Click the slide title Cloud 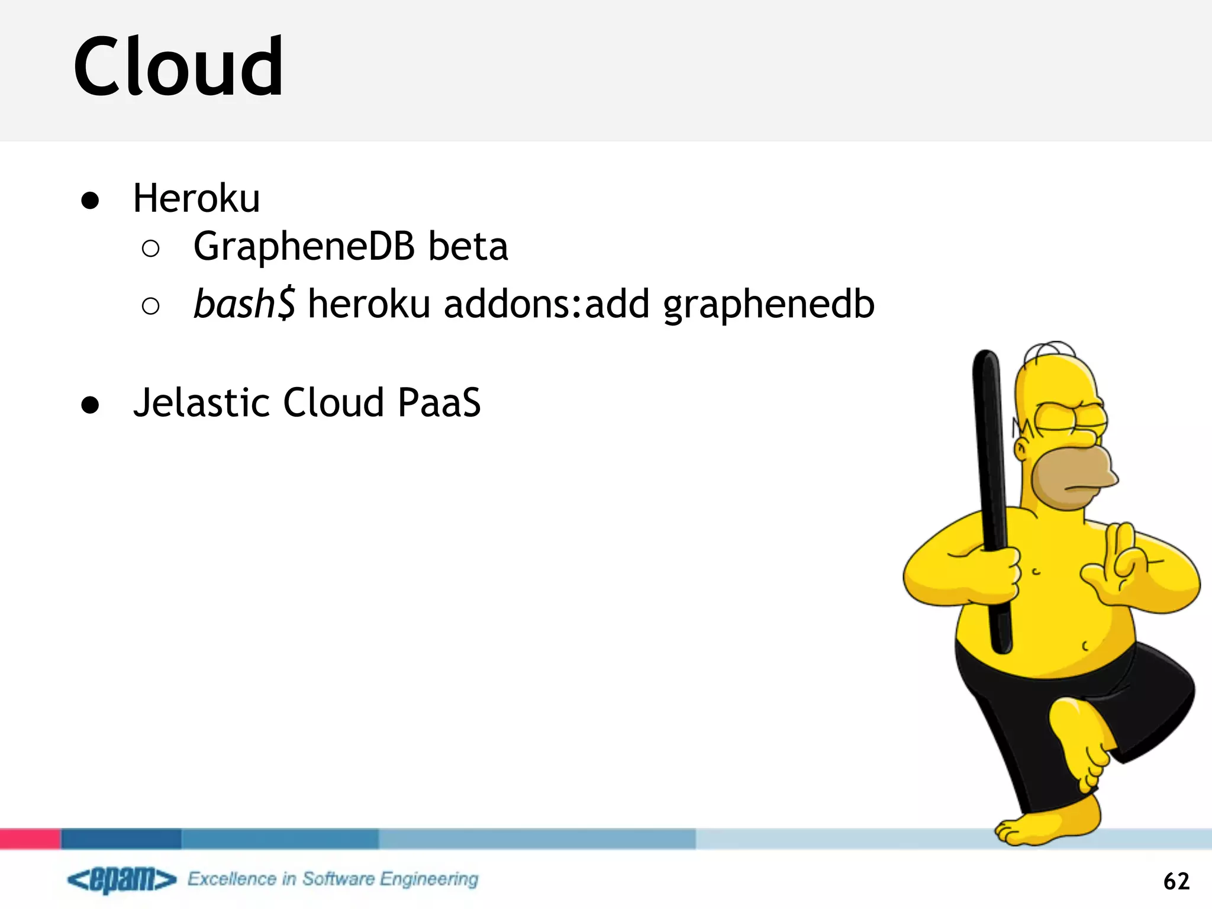(x=179, y=66)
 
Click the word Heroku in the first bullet (x=196, y=198)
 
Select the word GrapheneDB (x=304, y=247)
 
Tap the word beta (x=468, y=246)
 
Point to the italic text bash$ (x=244, y=304)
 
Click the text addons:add (x=546, y=304)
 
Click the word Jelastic (x=201, y=403)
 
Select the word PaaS (x=439, y=403)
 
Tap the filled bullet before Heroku (x=91, y=201)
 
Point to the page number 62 (x=1176, y=881)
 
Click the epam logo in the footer (x=122, y=879)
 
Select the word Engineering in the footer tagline (x=429, y=879)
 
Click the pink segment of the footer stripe (x=30, y=839)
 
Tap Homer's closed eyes (x=1071, y=418)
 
